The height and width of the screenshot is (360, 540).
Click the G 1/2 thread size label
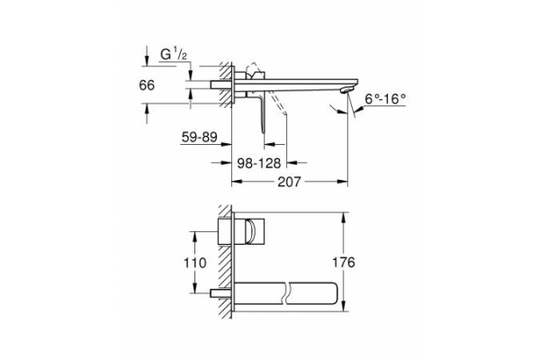[173, 55]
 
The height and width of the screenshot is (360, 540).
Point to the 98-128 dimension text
[258, 163]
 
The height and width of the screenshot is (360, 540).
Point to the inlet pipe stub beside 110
[218, 292]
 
